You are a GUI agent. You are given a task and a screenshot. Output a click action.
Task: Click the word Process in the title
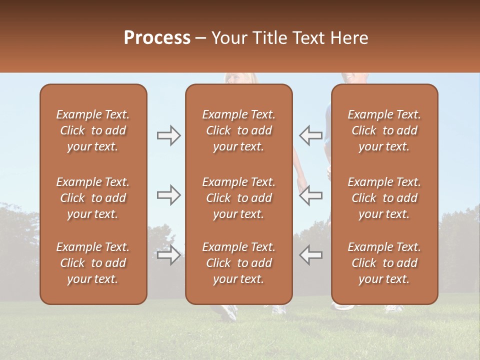click(157, 38)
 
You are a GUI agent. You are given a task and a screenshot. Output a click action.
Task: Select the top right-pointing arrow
click(168, 135)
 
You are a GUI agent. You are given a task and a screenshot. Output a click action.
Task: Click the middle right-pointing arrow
click(168, 195)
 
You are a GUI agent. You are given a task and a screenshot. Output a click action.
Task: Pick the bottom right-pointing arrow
click(168, 255)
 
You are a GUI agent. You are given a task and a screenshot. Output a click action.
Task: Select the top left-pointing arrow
click(310, 135)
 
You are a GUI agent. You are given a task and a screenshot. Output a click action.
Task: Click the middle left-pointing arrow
click(310, 195)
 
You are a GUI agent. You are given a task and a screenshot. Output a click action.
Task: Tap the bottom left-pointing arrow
click(310, 255)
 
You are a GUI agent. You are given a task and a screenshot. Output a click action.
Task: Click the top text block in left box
click(93, 130)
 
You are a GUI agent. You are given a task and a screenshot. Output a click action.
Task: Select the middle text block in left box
click(93, 198)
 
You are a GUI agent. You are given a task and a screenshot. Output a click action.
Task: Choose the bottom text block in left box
click(93, 263)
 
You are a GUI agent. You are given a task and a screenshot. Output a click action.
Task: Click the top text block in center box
click(238, 130)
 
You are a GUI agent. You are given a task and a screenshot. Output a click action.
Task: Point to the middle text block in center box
click(238, 198)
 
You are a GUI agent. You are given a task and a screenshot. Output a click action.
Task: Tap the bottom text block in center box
click(238, 263)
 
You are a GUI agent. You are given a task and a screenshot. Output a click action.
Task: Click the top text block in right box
click(384, 130)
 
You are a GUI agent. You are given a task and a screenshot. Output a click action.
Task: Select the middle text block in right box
click(384, 198)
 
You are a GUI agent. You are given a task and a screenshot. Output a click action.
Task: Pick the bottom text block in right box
click(384, 263)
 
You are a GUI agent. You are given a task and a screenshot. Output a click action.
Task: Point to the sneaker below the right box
click(394, 308)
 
